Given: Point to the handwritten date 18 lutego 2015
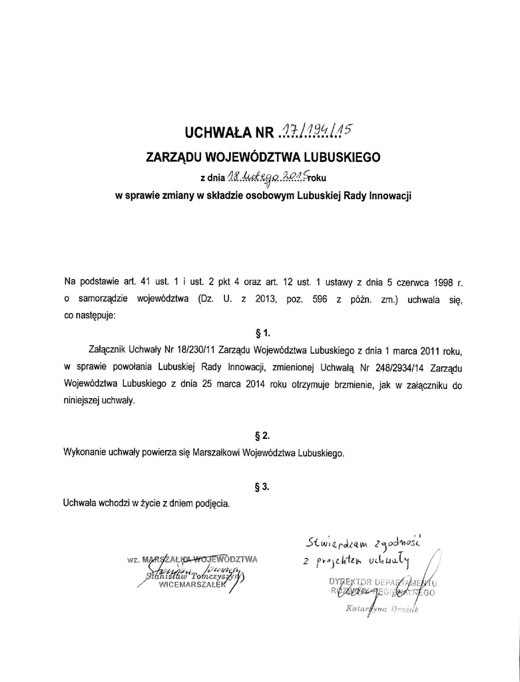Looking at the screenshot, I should point(266,176).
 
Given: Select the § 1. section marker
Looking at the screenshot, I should point(262,332).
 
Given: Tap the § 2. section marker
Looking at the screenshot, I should point(262,436).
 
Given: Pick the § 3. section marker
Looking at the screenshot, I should point(262,487).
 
